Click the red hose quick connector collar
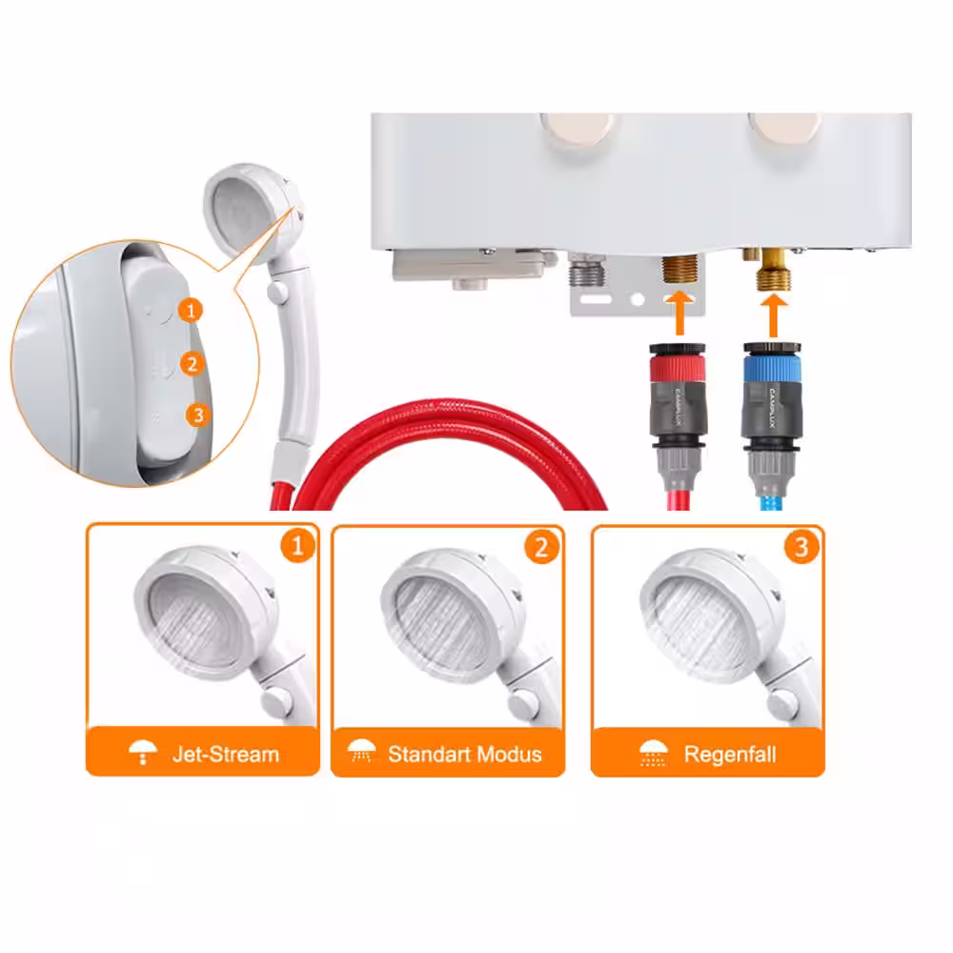click(678, 368)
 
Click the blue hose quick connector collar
click(773, 368)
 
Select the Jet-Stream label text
click(226, 754)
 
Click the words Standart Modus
click(465, 754)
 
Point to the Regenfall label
click(730, 754)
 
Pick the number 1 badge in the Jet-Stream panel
click(297, 545)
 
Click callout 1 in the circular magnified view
click(191, 311)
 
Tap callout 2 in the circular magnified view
click(193, 363)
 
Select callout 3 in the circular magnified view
click(198, 416)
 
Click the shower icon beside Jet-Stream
click(143, 753)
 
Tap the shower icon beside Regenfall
click(654, 754)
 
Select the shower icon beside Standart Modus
click(361, 752)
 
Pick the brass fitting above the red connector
click(679, 270)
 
